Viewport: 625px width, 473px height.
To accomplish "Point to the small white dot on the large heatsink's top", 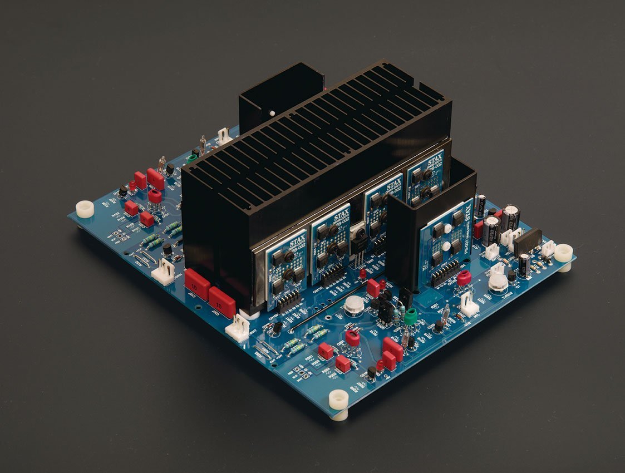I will [272, 114].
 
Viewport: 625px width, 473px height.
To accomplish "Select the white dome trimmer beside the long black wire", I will [352, 304].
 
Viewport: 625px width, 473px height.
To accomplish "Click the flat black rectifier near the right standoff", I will [526, 240].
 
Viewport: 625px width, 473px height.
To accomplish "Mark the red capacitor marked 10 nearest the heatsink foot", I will [222, 301].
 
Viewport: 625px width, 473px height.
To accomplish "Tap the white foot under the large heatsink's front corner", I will [249, 314].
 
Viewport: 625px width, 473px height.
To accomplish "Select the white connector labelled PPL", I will [469, 305].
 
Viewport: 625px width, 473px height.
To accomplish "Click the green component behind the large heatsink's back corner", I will [193, 158].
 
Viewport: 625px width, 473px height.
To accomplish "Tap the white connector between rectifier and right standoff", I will [548, 248].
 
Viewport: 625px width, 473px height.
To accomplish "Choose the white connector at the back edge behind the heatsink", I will [225, 136].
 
